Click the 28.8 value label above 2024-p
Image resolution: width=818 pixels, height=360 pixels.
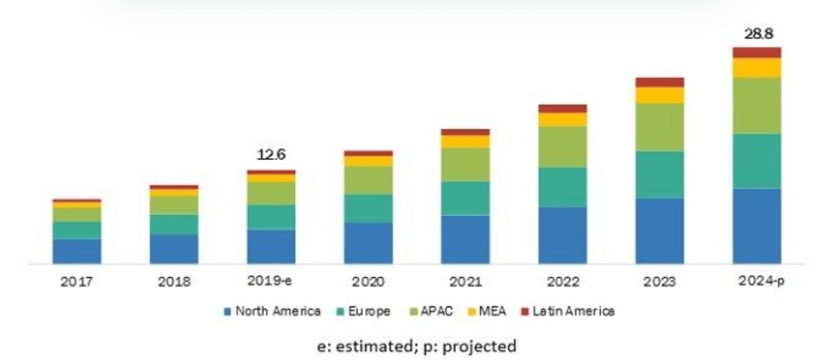756,33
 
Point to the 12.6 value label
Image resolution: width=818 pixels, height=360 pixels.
271,155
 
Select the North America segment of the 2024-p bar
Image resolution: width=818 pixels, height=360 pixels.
756,226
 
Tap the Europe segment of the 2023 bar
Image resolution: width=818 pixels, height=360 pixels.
660,174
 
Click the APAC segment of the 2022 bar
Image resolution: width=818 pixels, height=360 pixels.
562,147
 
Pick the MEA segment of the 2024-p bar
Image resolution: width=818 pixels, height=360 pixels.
756,68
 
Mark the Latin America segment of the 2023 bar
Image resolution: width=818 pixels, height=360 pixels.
660,82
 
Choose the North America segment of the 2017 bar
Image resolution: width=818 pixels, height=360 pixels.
77,251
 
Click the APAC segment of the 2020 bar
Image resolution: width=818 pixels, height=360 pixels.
368,180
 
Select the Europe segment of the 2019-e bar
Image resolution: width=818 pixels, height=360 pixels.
271,217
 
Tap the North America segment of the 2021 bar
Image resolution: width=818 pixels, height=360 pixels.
465,239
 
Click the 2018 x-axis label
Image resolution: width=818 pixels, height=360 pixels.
174,282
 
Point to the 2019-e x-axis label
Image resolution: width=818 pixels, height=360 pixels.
271,281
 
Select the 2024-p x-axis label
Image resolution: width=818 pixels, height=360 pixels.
756,281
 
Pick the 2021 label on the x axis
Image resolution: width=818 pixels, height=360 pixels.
465,282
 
